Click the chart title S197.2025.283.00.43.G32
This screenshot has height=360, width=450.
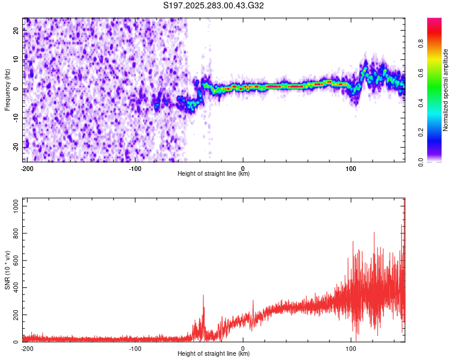coord(214,6)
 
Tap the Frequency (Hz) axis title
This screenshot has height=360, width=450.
coord(7,90)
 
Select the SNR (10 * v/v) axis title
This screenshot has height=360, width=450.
coord(7,269)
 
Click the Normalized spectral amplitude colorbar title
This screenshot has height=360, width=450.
coord(446,90)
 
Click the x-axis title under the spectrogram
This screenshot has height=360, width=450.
coord(214,174)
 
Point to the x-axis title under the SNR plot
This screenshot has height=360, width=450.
coord(214,354)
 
